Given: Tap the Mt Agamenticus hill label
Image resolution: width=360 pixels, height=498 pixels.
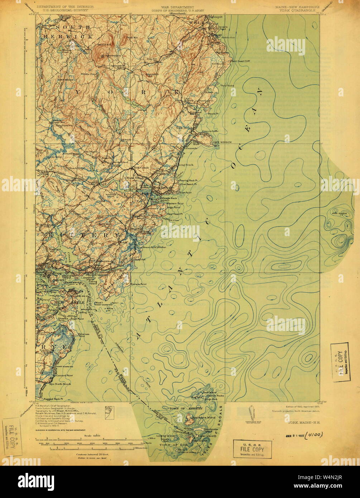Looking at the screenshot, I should click(x=107, y=56).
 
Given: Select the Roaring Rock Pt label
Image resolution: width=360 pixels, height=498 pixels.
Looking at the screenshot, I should click(x=189, y=181).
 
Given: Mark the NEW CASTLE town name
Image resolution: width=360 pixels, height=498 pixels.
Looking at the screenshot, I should click(x=69, y=302).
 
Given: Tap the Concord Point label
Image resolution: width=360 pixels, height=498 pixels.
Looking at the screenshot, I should click(x=64, y=375).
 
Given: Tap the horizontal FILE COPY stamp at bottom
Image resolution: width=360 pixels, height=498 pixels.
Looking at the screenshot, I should click(x=252, y=449).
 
